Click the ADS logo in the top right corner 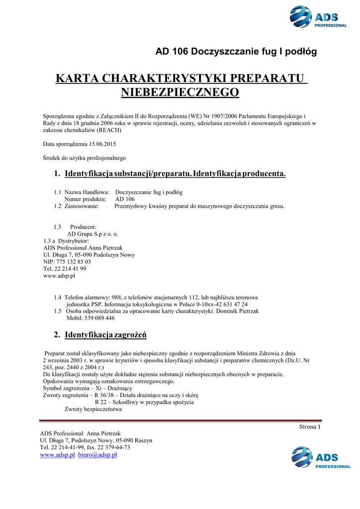pyautogui.click(x=318, y=17)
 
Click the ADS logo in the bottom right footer pyautogui.click(x=320, y=457)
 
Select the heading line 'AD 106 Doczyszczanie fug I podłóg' pyautogui.click(x=236, y=51)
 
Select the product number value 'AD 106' pyautogui.click(x=125, y=199)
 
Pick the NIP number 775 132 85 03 pyautogui.click(x=67, y=261)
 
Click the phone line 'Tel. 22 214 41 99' pyautogui.click(x=65, y=268)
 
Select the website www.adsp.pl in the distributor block pyautogui.click(x=59, y=275)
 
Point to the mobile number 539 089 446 pyautogui.click(x=99, y=318)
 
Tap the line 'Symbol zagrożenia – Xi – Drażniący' pyautogui.click(x=88, y=388)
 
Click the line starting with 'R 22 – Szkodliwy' pyautogui.click(x=144, y=402)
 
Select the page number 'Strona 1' pyautogui.click(x=310, y=426)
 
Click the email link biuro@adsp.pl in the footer pyautogui.click(x=97, y=454)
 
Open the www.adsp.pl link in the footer pyautogui.click(x=57, y=454)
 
